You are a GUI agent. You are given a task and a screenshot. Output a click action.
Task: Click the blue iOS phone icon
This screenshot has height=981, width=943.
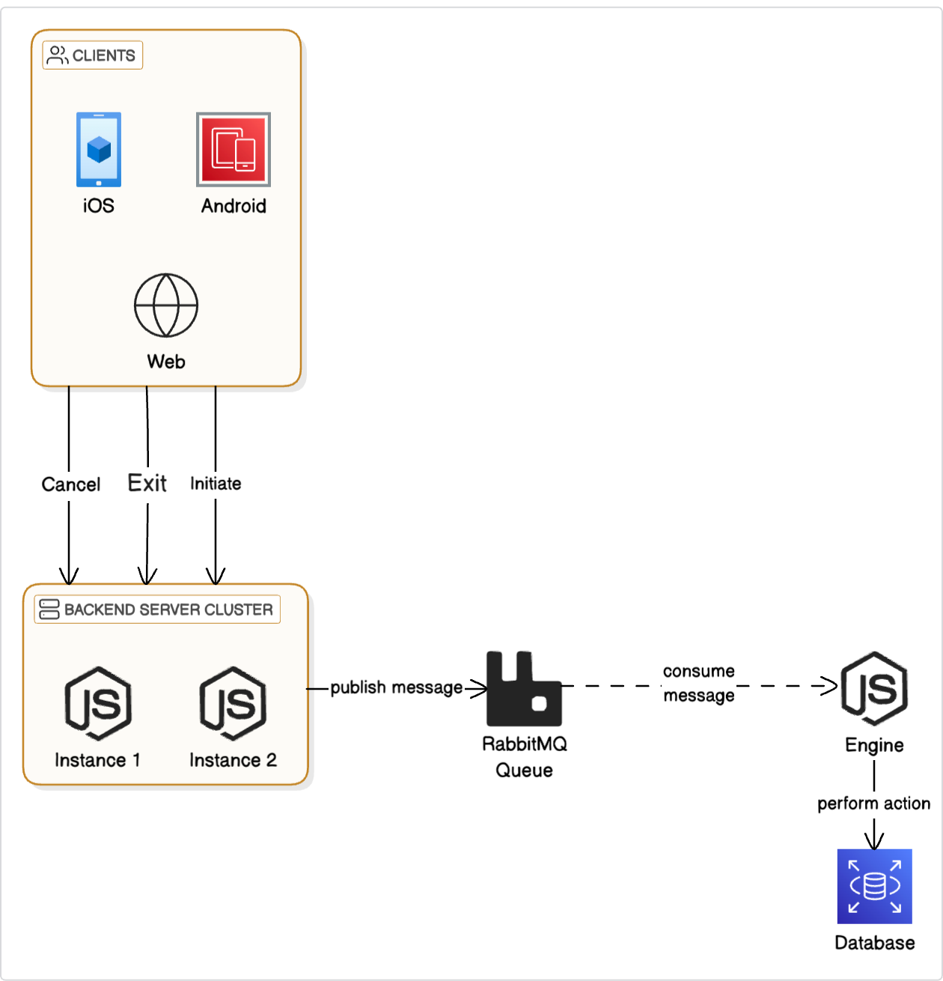coord(98,150)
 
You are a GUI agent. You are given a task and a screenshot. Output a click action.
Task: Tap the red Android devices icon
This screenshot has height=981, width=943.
coord(234,150)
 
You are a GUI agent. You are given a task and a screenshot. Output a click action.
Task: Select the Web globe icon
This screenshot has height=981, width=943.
coord(166,306)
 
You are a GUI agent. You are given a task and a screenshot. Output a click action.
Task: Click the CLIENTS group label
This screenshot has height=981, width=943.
coord(93,55)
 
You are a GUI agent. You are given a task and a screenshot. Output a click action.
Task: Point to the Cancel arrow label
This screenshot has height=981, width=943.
coord(70,485)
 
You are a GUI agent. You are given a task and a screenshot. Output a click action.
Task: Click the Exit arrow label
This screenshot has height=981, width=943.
coord(147,483)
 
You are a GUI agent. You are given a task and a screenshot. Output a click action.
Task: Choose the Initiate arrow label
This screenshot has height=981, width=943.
coord(216,484)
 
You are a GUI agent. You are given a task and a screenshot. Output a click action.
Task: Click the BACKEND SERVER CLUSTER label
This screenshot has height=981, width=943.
coord(158,610)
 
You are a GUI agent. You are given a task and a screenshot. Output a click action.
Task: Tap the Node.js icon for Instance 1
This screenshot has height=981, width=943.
coord(98,704)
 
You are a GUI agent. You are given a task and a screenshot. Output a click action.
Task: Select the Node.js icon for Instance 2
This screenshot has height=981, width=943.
coord(233,704)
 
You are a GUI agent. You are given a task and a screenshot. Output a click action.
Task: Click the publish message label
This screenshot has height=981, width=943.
coord(396,687)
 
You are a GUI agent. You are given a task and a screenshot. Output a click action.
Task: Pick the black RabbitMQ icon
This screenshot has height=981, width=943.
coord(524,689)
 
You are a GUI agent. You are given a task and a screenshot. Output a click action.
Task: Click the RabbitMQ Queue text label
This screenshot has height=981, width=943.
coord(524,757)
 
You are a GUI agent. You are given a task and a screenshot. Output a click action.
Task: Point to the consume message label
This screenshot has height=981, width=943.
coord(699,683)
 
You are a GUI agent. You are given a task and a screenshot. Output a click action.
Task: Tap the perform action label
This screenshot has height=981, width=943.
coord(873,804)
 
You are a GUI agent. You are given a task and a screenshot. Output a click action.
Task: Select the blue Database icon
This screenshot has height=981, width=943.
coord(874,887)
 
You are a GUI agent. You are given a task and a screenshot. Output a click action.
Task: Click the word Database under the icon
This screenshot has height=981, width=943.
coord(874,943)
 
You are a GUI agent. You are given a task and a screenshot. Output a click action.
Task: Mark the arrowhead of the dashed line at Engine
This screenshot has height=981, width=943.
coord(832,686)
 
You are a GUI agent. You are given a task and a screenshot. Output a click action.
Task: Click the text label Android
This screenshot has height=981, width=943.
coord(234,206)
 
